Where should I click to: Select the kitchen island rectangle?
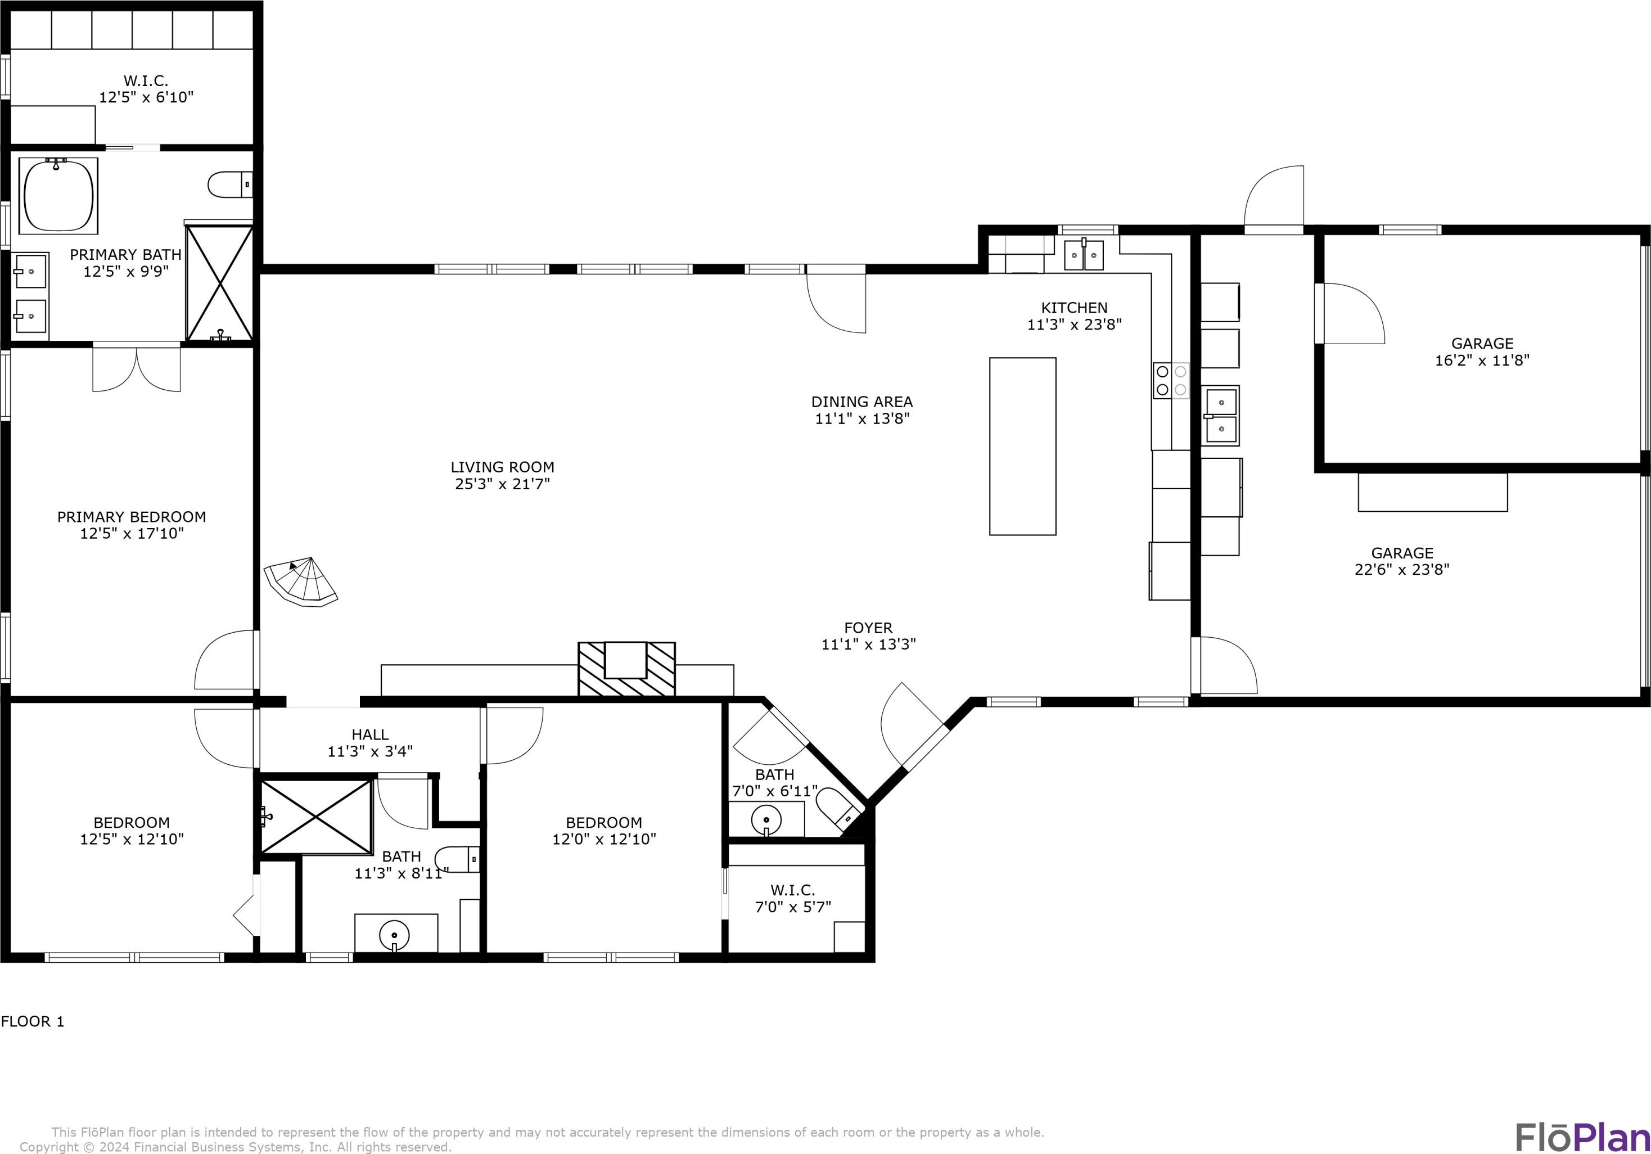[x=1022, y=447]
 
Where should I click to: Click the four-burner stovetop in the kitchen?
[x=1171, y=380]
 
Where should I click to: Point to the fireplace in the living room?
[x=627, y=669]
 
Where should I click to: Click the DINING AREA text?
[x=862, y=402]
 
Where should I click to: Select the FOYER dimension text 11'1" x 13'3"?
[x=869, y=644]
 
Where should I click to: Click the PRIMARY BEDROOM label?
[x=132, y=517]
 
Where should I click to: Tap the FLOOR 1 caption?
[x=33, y=1021]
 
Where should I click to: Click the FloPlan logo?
[x=1583, y=1137]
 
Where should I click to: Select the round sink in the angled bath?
[x=766, y=819]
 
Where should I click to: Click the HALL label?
[x=371, y=734]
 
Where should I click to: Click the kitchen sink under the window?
[x=1084, y=255]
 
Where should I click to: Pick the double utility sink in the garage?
[x=1221, y=416]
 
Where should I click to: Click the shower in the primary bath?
[x=219, y=282]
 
